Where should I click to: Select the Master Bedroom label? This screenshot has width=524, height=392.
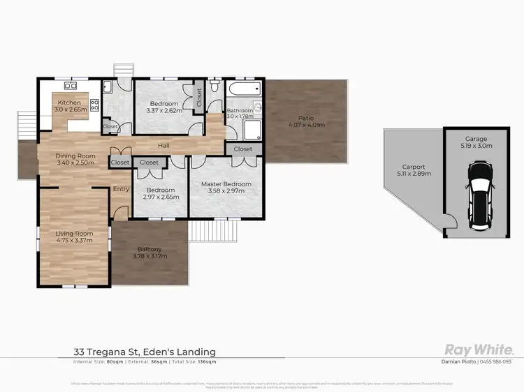[x=226, y=184]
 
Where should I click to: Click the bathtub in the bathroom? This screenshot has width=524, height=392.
[x=244, y=89]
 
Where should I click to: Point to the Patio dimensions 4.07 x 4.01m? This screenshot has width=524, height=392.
[x=306, y=125]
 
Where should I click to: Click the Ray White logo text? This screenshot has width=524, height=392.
[x=479, y=350]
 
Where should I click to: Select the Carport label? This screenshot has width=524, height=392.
[x=409, y=167]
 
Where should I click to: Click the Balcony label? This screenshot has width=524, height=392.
[x=150, y=249]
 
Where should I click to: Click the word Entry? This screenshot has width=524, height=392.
[x=122, y=188]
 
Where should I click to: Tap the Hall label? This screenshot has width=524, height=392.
[x=163, y=146]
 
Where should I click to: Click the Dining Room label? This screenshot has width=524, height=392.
[x=75, y=156]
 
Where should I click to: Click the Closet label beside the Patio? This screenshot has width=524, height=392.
[x=243, y=149]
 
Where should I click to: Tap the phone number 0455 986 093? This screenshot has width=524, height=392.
[x=497, y=362]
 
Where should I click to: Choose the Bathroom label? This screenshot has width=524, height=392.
[x=239, y=110]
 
